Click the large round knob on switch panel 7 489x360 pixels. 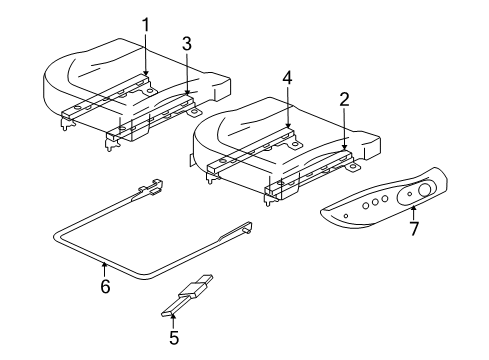coord(423,190)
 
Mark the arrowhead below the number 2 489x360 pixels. coord(343,149)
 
